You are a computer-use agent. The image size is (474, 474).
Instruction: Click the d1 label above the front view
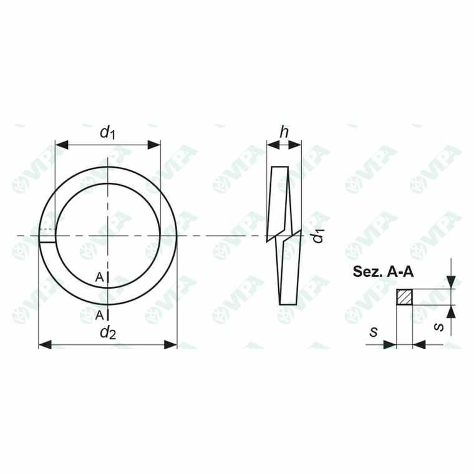pyautogui.click(x=108, y=132)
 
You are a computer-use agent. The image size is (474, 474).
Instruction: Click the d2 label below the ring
pyautogui.click(x=108, y=332)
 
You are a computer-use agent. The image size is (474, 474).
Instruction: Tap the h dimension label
pyautogui.click(x=284, y=132)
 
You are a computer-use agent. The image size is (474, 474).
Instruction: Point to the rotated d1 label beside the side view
pyautogui.click(x=318, y=236)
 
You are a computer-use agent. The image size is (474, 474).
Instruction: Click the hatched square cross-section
pyautogui.click(x=405, y=297)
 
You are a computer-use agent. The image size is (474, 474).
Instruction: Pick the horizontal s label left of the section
pyautogui.click(x=374, y=332)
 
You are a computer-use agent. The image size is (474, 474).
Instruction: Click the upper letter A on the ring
pyautogui.click(x=100, y=278)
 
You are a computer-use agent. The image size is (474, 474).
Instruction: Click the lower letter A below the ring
pyautogui.click(x=100, y=315)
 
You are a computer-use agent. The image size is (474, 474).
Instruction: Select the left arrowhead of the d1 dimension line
pyautogui.click(x=61, y=145)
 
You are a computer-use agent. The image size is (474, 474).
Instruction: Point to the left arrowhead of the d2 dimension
pyautogui.click(x=45, y=344)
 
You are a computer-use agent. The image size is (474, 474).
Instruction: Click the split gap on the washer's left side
pyautogui.click(x=47, y=236)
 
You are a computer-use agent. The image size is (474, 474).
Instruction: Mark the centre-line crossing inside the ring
pyautogui.click(x=108, y=236)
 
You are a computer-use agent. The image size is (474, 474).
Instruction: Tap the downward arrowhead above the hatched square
pyautogui.click(x=451, y=283)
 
